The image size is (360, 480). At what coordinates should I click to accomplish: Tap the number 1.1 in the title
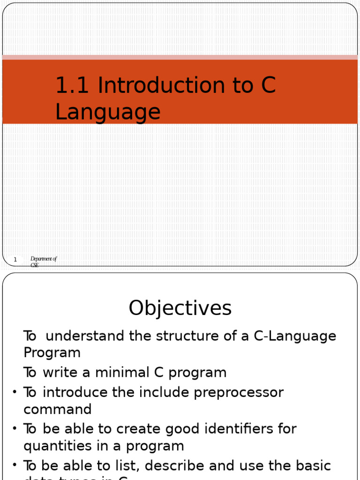pyautogui.click(x=73, y=85)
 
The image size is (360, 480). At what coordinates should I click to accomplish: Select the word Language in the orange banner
pyautogui.click(x=108, y=112)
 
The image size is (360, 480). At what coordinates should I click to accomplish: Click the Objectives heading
pyautogui.click(x=180, y=308)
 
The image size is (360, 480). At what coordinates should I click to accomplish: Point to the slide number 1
pyautogui.click(x=15, y=259)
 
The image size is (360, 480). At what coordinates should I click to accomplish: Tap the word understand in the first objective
pyautogui.click(x=85, y=336)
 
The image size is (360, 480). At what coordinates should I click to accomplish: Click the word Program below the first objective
pyautogui.click(x=52, y=352)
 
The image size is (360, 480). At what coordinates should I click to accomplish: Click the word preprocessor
pyautogui.click(x=239, y=392)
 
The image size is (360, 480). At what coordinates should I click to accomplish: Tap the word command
pyautogui.click(x=58, y=409)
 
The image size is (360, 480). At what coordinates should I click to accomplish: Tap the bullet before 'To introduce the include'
pyautogui.click(x=15, y=391)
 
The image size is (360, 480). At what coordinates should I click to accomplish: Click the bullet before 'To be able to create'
pyautogui.click(x=15, y=428)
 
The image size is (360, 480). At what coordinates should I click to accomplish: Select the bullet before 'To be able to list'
pyautogui.click(x=15, y=465)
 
